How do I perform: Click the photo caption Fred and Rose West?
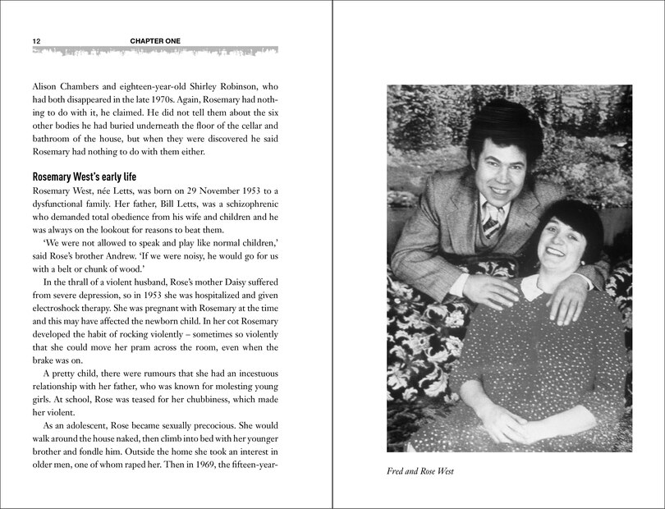coord(420,471)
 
